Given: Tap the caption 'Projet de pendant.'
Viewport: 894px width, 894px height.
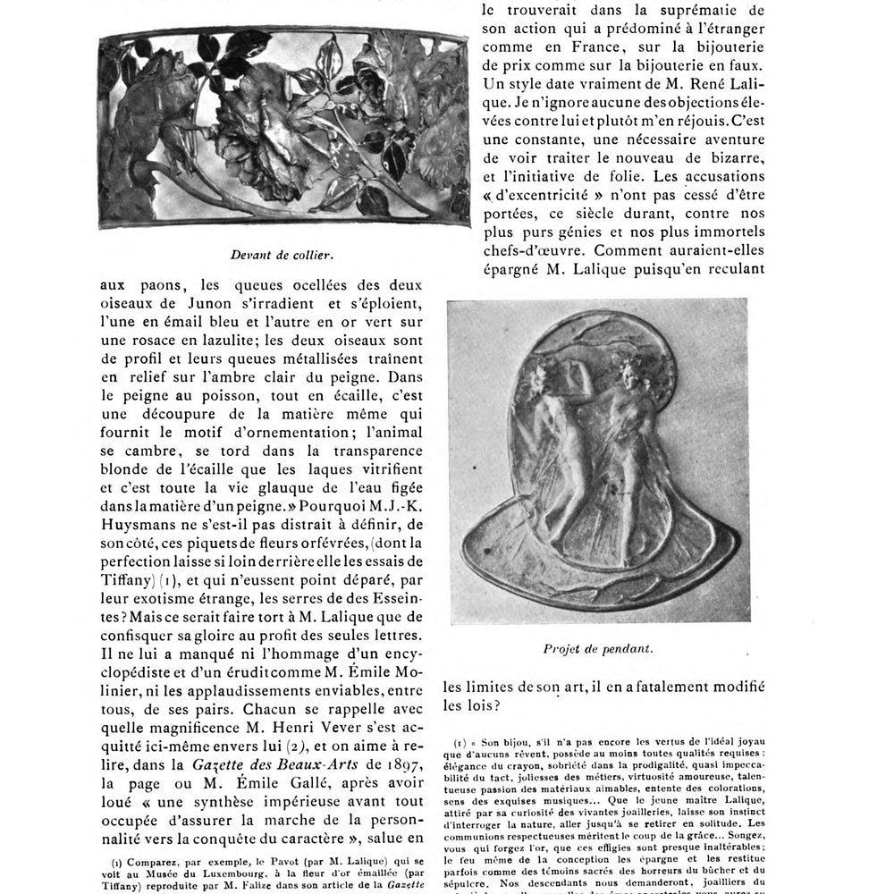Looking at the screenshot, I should pos(598,649).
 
